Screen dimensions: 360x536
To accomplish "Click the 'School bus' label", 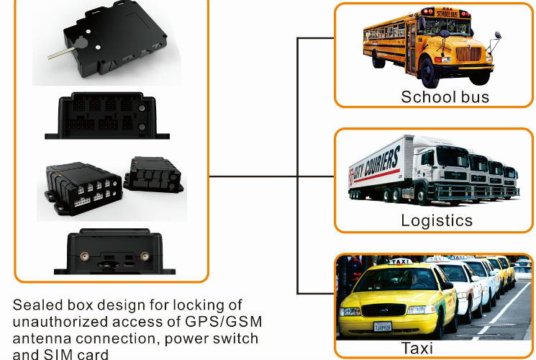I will [x=445, y=97].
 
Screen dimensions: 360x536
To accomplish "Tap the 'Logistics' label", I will [x=437, y=220].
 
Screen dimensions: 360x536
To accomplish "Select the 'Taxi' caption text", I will [x=417, y=348].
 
